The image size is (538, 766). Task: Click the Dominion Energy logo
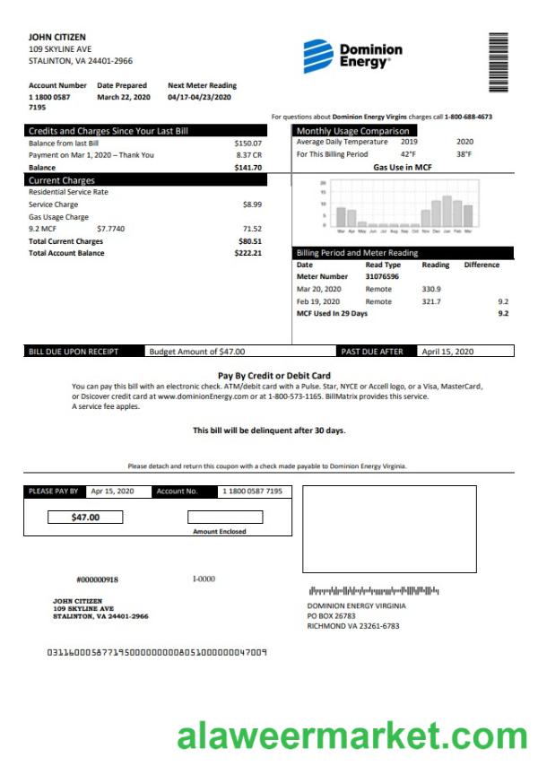[351, 56]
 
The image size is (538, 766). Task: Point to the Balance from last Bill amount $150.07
[247, 144]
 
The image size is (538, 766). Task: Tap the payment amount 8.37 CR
[248, 155]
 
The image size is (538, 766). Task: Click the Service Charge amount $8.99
[252, 205]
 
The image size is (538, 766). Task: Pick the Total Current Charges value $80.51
[249, 241]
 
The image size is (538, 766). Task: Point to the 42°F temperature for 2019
[408, 154]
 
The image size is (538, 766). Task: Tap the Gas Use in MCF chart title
[403, 168]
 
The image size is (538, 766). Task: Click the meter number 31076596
[383, 277]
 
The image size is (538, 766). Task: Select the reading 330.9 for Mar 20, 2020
[430, 290]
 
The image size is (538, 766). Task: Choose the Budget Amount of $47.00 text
[196, 352]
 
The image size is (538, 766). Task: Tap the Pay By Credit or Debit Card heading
[274, 375]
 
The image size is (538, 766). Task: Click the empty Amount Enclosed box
[225, 518]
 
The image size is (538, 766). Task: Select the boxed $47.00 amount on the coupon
[85, 518]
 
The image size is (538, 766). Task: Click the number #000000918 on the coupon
[97, 580]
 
